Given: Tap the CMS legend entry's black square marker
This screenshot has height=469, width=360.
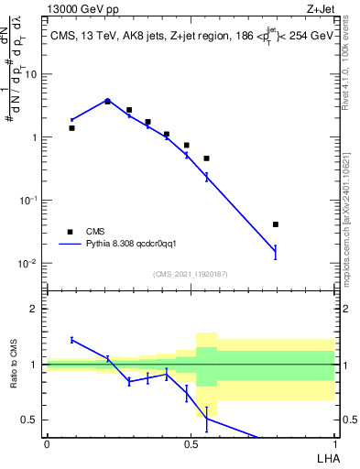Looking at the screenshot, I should pyautogui.click(x=70, y=232).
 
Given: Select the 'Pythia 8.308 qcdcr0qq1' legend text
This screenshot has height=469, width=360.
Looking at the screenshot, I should pyautogui.click(x=137, y=245).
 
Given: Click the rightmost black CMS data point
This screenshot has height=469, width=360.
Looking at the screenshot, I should pyautogui.click(x=275, y=224).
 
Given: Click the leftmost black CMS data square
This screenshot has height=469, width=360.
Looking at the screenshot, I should pyautogui.click(x=71, y=128).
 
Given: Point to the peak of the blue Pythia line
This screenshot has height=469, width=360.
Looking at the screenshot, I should pyautogui.click(x=107, y=101).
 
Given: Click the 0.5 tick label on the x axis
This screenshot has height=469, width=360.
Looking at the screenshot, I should pyautogui.click(x=191, y=444).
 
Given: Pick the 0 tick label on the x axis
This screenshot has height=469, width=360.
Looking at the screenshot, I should pyautogui.click(x=47, y=444).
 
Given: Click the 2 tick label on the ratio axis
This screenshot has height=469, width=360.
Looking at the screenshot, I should pyautogui.click(x=35, y=310).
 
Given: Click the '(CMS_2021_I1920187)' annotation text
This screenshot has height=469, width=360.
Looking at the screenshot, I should pyautogui.click(x=190, y=274).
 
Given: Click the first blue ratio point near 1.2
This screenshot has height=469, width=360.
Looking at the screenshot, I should pyautogui.click(x=71, y=340).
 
